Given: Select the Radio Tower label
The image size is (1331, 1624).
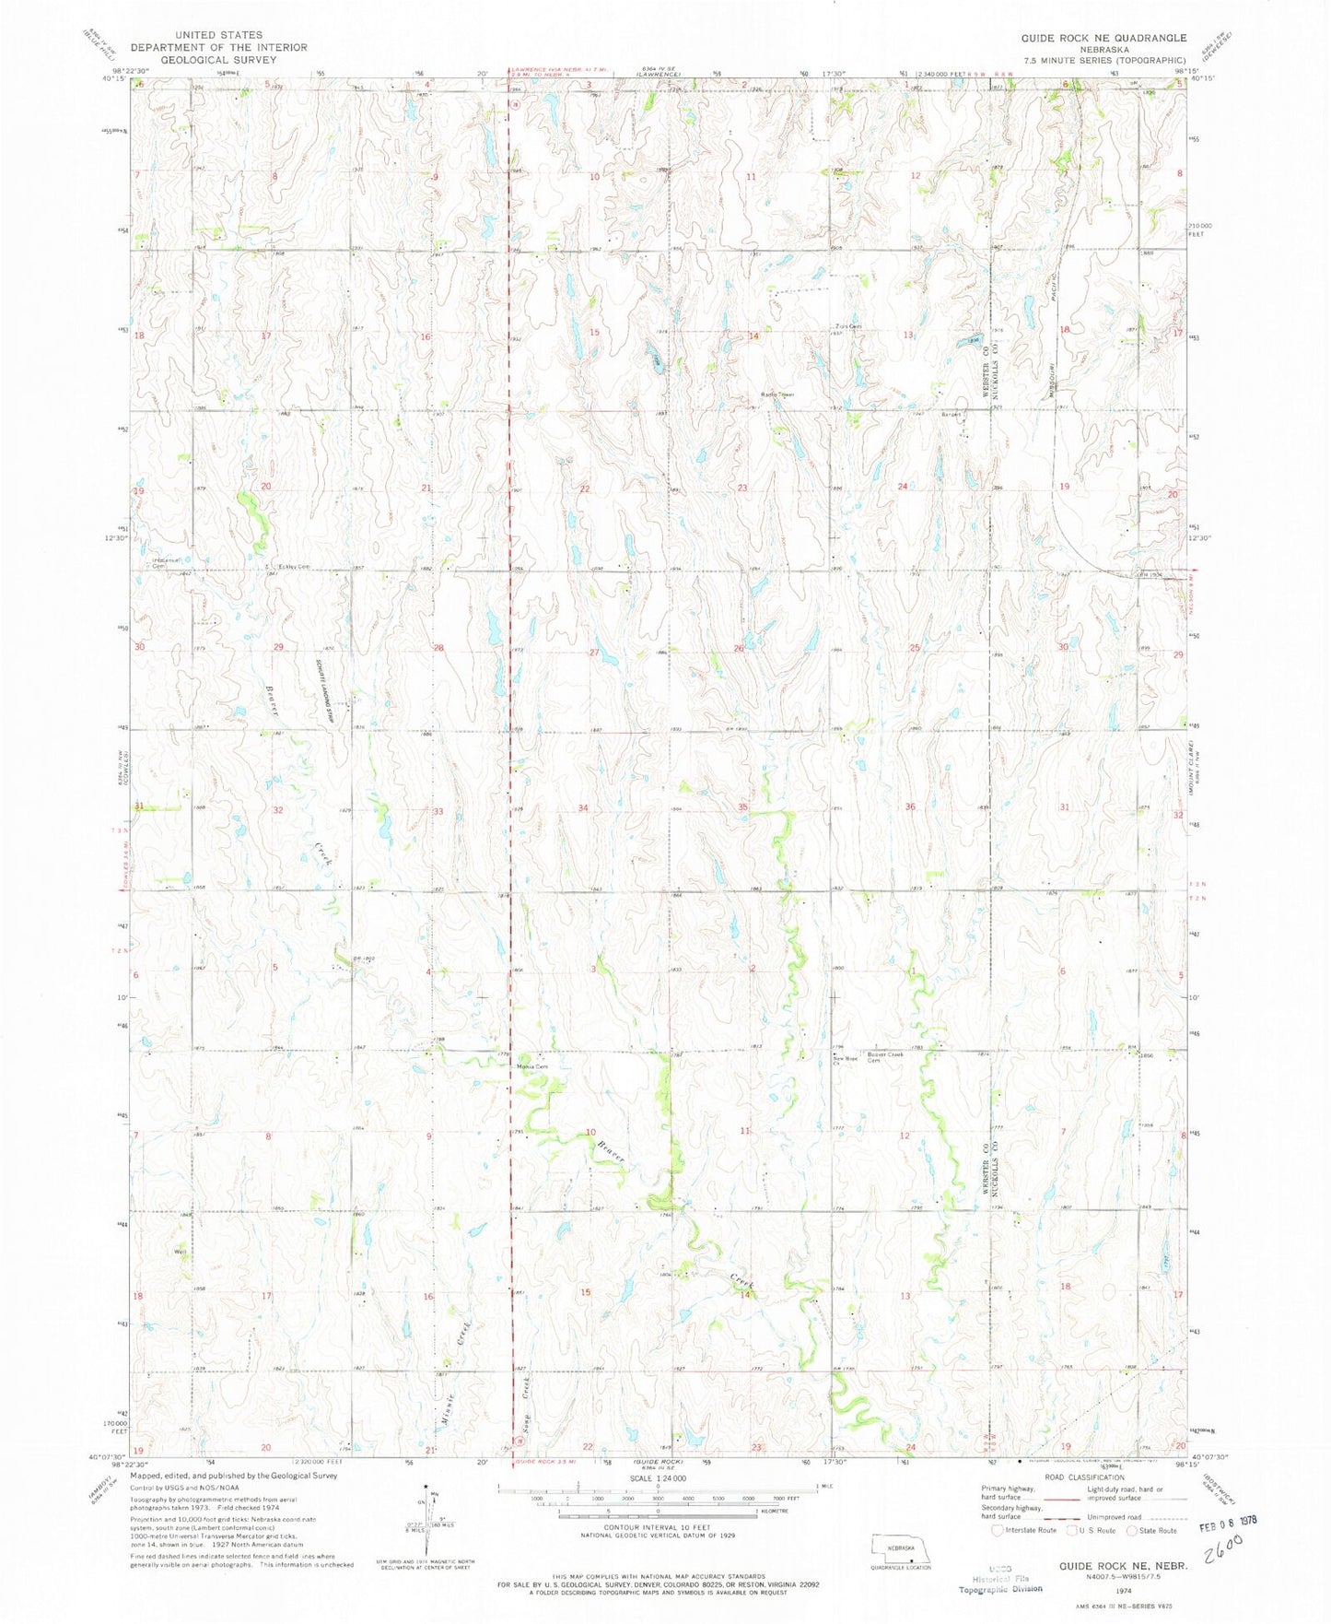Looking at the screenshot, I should point(776,394).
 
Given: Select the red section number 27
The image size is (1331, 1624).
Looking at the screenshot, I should point(594,652).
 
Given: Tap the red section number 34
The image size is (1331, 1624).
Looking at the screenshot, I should point(583,808).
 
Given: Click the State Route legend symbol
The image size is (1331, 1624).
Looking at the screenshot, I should point(1135,1531).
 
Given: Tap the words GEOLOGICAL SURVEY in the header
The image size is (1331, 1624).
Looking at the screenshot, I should point(218,59).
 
